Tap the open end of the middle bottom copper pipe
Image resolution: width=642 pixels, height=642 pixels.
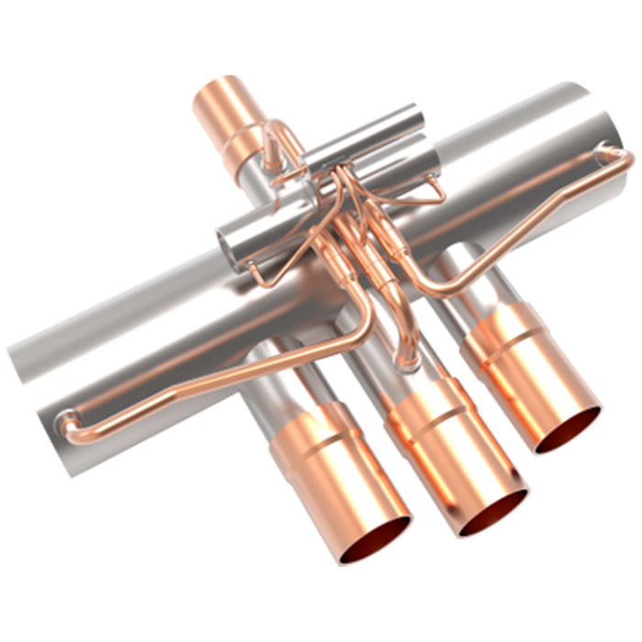pos(493,513)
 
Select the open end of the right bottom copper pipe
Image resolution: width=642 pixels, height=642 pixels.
pos(568,429)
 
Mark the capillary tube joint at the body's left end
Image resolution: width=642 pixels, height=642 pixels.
pos(64,424)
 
